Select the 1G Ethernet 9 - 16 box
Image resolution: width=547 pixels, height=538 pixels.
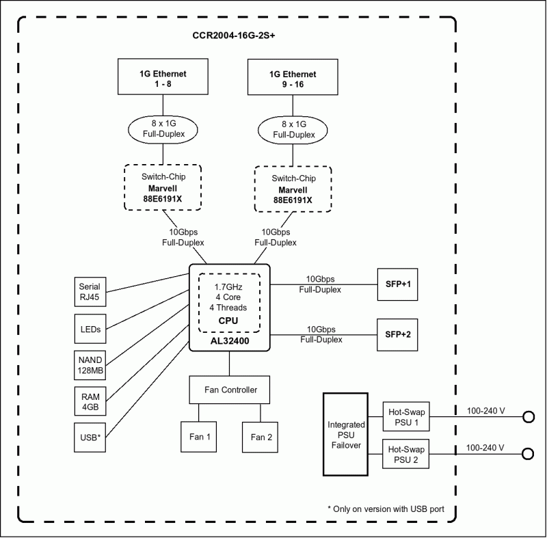(293, 78)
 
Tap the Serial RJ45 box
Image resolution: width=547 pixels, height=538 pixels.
(90, 292)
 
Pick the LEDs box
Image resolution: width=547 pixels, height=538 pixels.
(90, 329)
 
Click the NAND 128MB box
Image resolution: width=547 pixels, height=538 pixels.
(90, 366)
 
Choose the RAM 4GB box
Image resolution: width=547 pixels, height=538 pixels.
(90, 401)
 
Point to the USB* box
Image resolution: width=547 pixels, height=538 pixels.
(90, 437)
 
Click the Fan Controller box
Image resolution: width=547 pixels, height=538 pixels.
(230, 390)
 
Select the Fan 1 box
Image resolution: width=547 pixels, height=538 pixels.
(200, 437)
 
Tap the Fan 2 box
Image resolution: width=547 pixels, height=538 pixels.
(261, 437)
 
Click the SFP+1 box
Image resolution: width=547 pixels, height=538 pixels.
(398, 284)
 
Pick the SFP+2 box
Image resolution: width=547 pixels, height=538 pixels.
(398, 334)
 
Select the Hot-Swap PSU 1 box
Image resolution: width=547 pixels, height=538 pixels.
(407, 417)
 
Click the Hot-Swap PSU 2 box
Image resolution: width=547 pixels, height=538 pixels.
(407, 455)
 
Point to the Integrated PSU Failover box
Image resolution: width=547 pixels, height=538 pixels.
(345, 434)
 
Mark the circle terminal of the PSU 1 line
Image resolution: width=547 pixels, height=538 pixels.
(528, 417)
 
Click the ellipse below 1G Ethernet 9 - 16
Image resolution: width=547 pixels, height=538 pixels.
(293, 129)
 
